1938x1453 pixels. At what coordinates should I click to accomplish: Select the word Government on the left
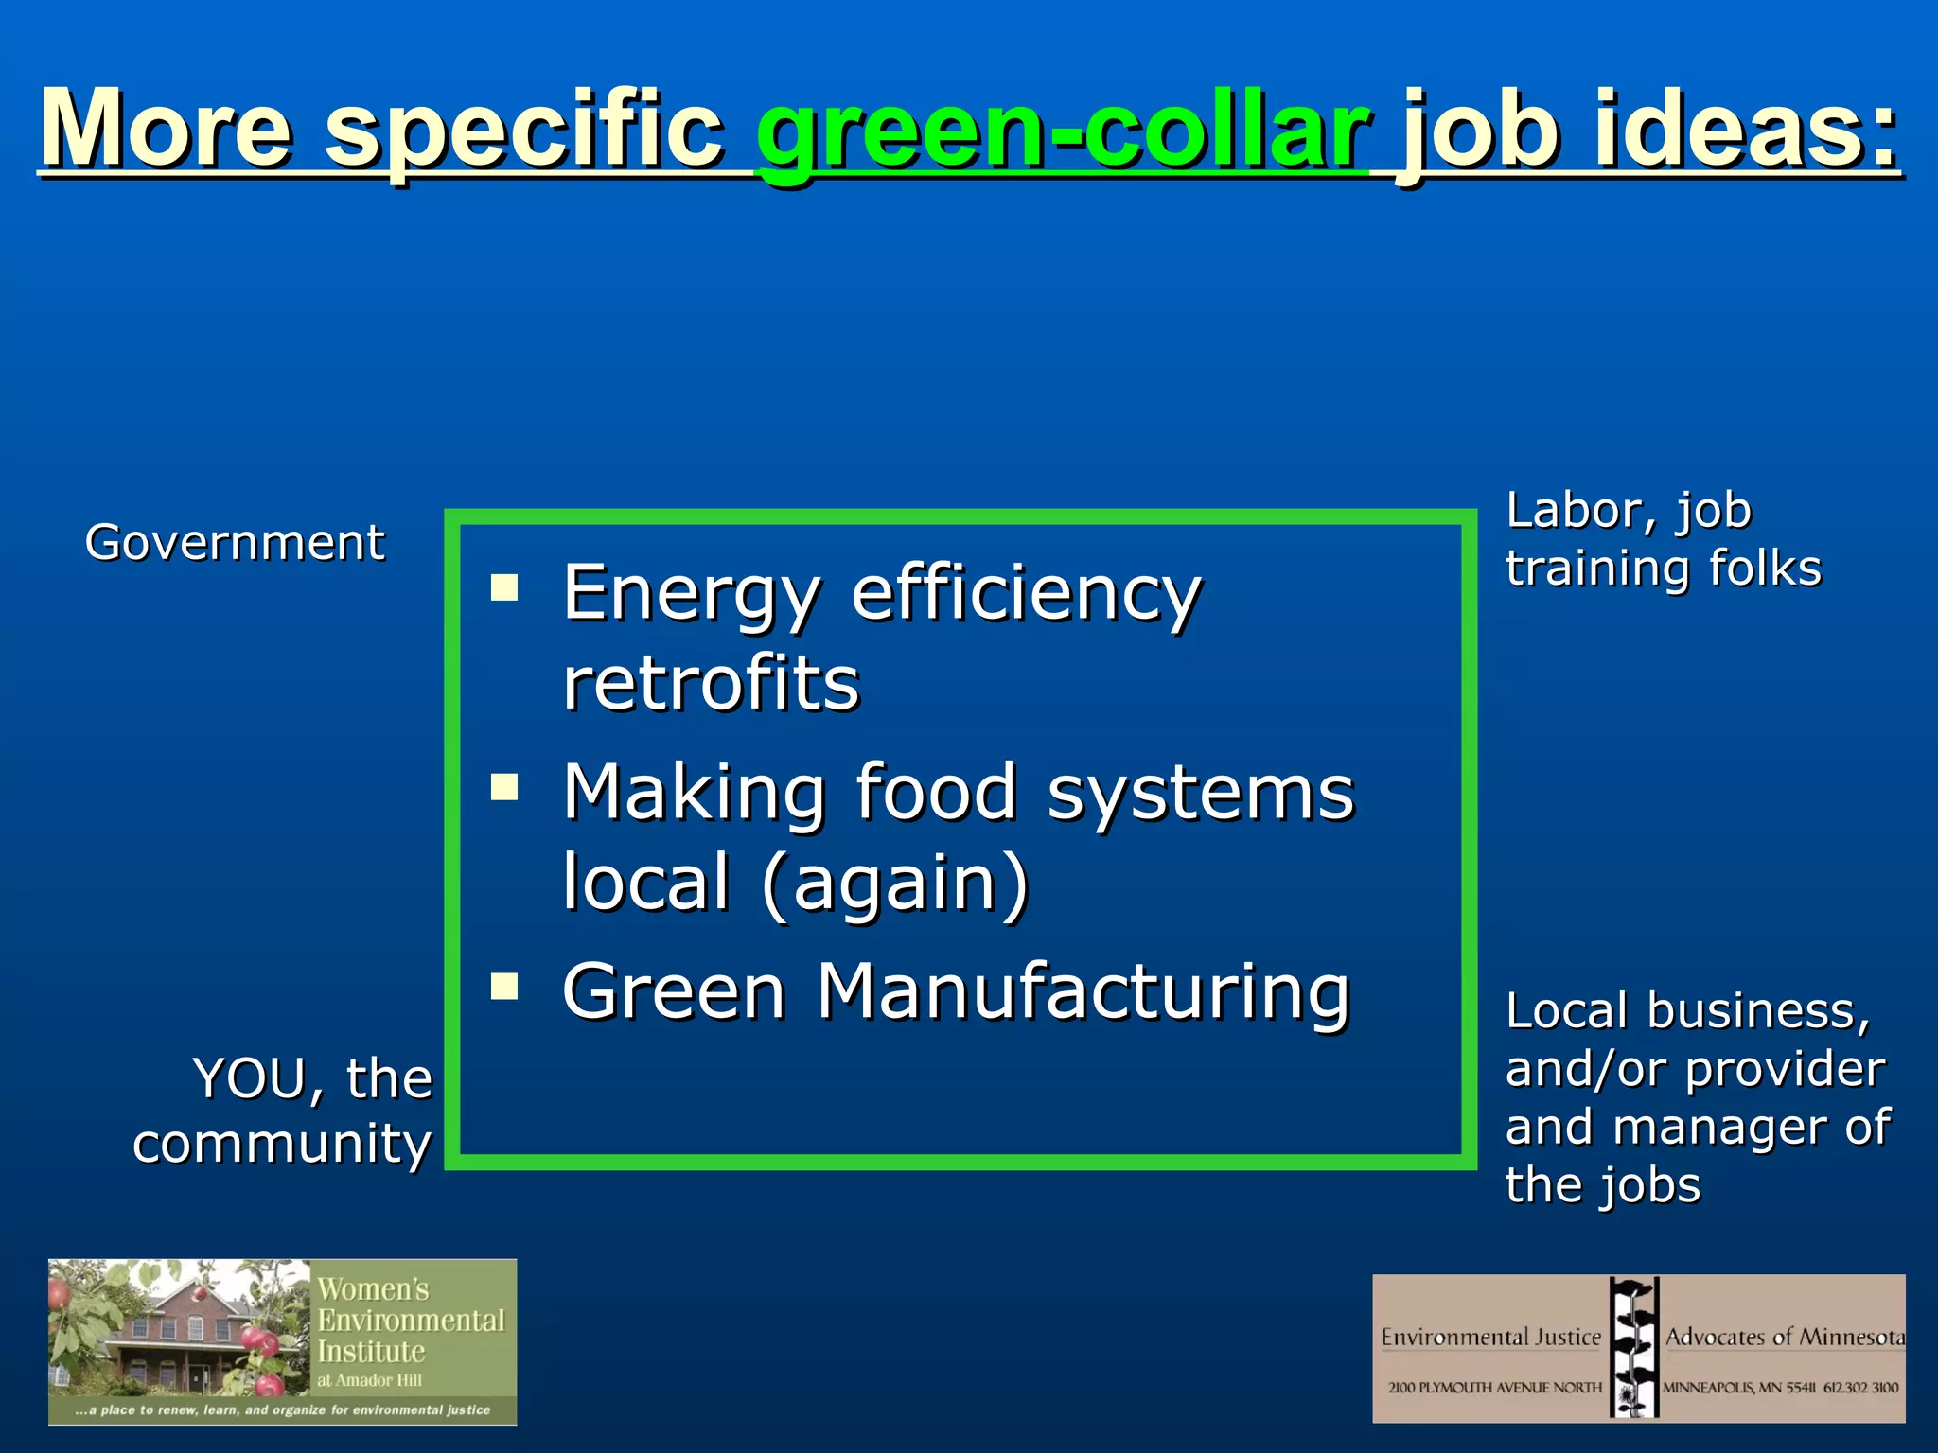[x=235, y=543]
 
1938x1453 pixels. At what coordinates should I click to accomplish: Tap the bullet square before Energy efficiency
[x=504, y=588]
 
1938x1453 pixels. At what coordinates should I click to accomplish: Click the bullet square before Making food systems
[x=504, y=787]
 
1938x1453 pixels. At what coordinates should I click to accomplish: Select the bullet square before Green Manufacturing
[x=504, y=987]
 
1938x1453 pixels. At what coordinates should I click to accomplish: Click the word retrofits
[x=711, y=683]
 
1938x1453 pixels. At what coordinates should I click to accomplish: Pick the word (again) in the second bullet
[x=894, y=882]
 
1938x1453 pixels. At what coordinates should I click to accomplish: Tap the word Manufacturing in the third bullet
[x=1083, y=991]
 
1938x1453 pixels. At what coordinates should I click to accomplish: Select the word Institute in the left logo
[x=371, y=1351]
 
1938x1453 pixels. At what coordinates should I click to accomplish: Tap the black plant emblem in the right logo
[x=1633, y=1347]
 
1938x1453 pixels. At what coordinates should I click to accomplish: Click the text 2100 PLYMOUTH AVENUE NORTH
[x=1494, y=1388]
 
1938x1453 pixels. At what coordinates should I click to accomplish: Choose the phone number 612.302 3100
[x=1860, y=1388]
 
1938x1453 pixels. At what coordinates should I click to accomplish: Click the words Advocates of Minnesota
[x=1785, y=1337]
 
